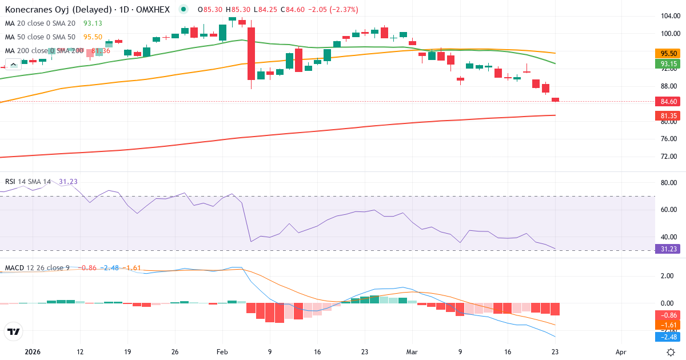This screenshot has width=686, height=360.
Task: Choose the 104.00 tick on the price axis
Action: [668, 16]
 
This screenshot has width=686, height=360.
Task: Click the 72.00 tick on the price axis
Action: [668, 156]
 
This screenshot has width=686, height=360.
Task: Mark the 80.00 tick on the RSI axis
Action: [668, 183]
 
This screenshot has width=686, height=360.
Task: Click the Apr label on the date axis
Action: [621, 352]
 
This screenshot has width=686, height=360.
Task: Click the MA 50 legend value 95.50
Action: [93, 37]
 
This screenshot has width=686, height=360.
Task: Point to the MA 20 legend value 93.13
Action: [93, 23]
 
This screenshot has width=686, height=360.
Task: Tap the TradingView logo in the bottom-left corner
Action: [14, 331]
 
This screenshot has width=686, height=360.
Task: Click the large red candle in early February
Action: [251, 54]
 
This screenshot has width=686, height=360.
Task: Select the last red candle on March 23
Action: [555, 100]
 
